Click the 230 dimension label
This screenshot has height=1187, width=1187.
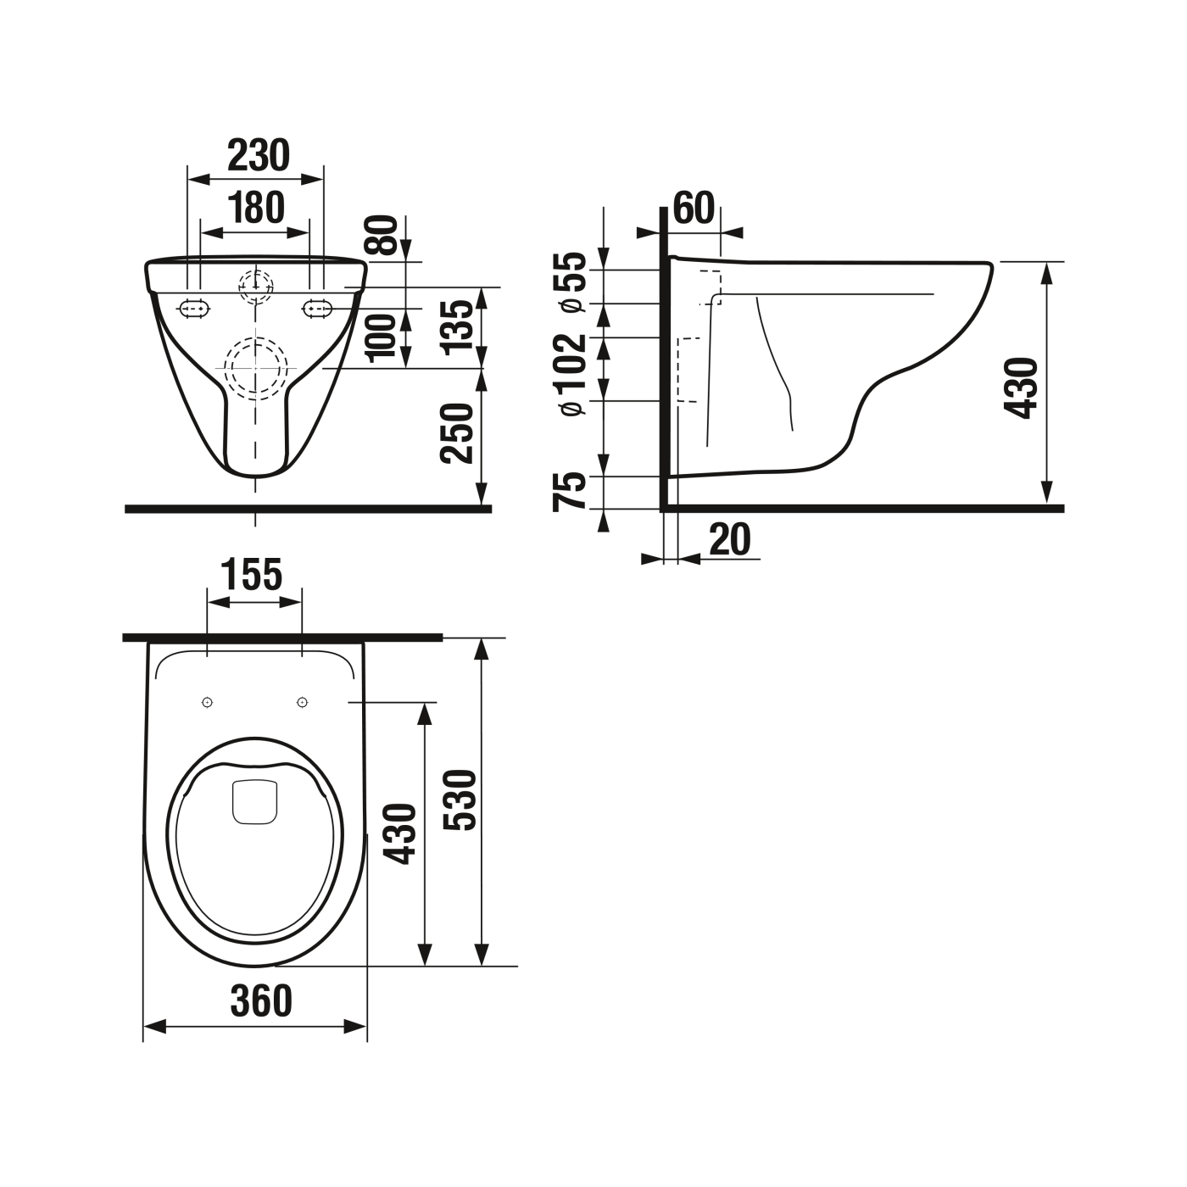point(258,155)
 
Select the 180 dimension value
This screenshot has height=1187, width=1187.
point(256,208)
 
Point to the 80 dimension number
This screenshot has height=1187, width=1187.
point(383,236)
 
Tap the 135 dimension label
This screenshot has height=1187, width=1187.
point(457,325)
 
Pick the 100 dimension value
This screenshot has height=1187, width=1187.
point(383,335)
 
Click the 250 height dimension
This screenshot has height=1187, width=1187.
point(457,432)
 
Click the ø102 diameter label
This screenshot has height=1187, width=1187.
point(573,373)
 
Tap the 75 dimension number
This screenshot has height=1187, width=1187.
point(570,492)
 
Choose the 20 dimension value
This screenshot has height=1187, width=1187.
point(730,540)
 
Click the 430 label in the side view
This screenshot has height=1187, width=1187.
point(1021,387)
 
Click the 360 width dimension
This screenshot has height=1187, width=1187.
point(261,1000)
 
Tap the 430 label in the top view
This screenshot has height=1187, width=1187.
point(399,833)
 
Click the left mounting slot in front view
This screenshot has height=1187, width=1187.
point(194,309)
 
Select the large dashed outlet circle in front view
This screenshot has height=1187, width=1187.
point(255,368)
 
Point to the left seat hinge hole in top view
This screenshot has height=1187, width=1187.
point(207,702)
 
